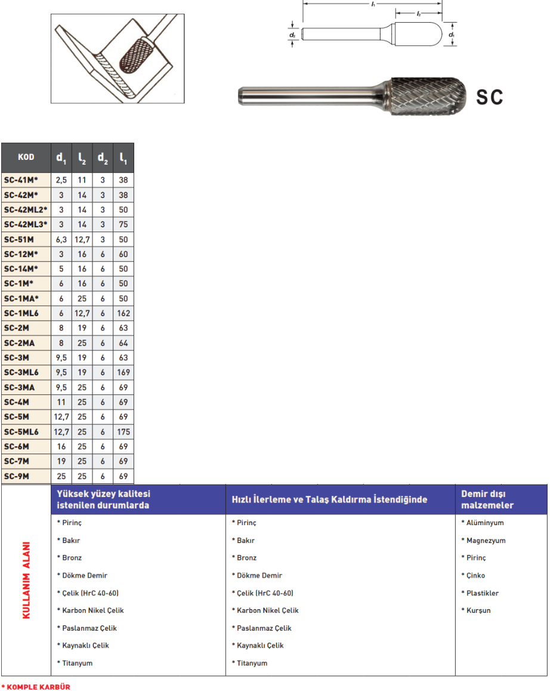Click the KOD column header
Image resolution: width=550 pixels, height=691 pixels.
tap(26, 158)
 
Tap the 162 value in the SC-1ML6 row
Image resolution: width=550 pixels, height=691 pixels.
tap(123, 313)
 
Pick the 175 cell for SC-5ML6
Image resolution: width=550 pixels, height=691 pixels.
tap(123, 431)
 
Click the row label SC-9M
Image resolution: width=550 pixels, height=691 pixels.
tap(17, 476)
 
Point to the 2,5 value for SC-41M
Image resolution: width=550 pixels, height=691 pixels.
tap(61, 180)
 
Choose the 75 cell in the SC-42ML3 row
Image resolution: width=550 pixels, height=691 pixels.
tap(123, 224)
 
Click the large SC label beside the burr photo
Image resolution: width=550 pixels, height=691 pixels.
tap(489, 97)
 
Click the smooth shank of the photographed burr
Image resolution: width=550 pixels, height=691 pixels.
tap(310, 95)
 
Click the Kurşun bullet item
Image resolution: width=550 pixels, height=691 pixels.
tap(478, 610)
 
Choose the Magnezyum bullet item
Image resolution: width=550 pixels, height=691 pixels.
tap(485, 541)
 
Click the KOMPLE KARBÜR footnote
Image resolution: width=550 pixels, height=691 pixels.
tap(37, 687)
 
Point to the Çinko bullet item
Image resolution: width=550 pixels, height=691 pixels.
tap(475, 576)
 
